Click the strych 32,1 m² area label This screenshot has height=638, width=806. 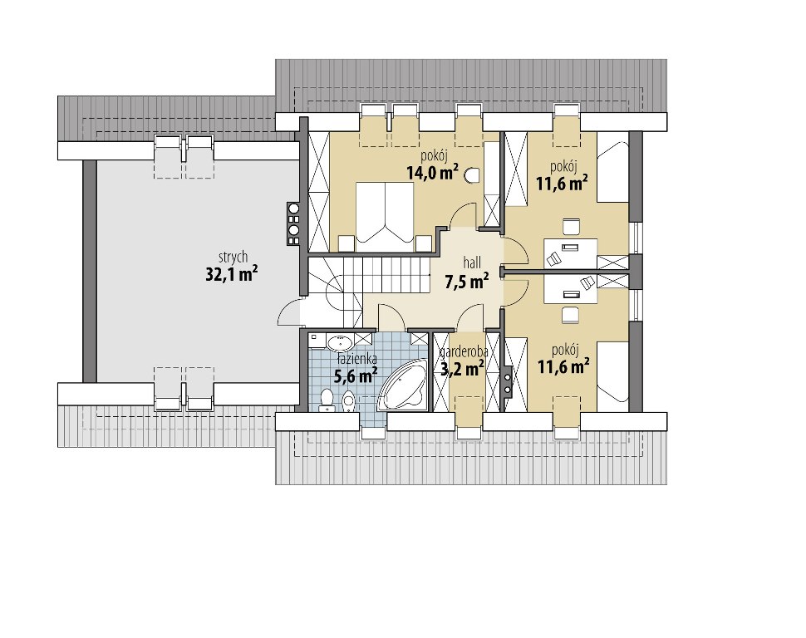[232, 267]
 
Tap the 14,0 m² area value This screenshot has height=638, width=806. [432, 173]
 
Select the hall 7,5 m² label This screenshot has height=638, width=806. [466, 274]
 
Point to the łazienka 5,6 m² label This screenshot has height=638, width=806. [356, 368]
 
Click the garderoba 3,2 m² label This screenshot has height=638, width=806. [463, 361]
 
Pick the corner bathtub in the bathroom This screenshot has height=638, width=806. [402, 385]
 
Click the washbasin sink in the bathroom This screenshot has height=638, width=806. [339, 342]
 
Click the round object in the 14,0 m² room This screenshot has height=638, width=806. [471, 176]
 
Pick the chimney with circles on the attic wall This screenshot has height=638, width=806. [293, 223]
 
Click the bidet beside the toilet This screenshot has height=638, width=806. [348, 400]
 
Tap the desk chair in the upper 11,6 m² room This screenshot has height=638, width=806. [571, 227]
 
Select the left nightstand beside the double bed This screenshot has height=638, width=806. [346, 243]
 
